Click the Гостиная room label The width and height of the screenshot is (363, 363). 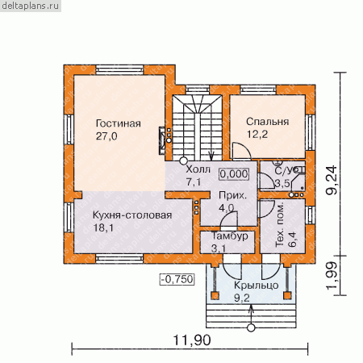click(119, 123)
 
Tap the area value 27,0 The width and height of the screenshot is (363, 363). click(106, 136)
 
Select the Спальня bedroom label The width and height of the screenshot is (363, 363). click(268, 122)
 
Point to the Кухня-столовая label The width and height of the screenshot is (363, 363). click(132, 215)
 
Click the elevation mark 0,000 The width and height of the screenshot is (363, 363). click(234, 174)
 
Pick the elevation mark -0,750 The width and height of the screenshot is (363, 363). click(177, 279)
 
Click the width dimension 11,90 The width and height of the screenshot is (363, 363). click(191, 340)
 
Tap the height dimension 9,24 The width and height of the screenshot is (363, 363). click(332, 180)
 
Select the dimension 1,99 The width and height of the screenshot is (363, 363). click(332, 275)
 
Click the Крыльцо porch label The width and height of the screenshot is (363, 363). click(256, 286)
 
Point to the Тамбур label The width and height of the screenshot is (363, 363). click(230, 236)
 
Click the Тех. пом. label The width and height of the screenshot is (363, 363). click(280, 224)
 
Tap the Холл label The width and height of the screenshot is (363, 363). click(198, 169)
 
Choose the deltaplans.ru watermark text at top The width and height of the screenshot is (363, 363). click(30, 6)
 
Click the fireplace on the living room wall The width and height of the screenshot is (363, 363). click(162, 140)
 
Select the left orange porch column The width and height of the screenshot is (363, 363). click(215, 295)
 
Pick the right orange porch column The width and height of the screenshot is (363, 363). click(287, 295)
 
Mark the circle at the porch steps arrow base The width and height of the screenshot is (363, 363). click(251, 328)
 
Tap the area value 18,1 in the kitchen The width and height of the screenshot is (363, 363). click(103, 228)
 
